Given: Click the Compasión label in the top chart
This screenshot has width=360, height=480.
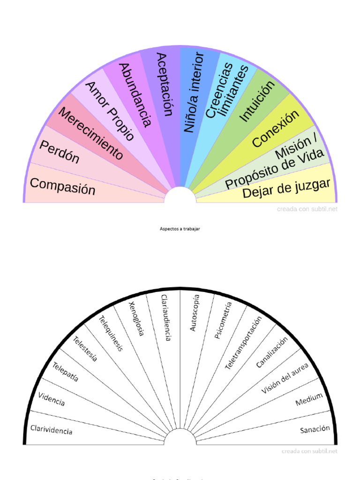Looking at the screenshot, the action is click(62, 186).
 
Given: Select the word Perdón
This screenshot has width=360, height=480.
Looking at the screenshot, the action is click(60, 152).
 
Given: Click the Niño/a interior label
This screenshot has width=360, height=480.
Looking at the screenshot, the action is click(194, 92).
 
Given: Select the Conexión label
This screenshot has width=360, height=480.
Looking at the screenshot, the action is click(275, 129).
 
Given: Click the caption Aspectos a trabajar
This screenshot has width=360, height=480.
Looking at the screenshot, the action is click(180, 229).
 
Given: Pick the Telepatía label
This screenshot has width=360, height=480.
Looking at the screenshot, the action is click(66, 372).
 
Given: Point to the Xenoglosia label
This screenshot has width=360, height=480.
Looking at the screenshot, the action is click(136, 318).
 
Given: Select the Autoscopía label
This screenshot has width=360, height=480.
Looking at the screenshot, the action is click(195, 313).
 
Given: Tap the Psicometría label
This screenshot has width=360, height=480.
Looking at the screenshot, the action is click(223, 321).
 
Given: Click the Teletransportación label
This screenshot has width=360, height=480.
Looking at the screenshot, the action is click(243, 343).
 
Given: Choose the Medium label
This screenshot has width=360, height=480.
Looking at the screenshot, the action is click(309, 399).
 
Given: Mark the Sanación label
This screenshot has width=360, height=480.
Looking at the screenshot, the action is click(315, 429).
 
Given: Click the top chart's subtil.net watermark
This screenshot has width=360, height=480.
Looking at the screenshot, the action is click(307, 209).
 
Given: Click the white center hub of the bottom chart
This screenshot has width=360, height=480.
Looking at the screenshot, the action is click(180, 438).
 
